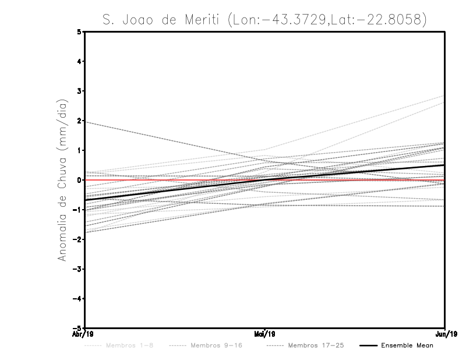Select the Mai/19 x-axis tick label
point(265,334)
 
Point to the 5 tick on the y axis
point(79,31)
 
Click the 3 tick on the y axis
point(79,91)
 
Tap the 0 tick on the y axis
point(79,180)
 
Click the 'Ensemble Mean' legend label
point(407,345)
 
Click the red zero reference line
point(175,180)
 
